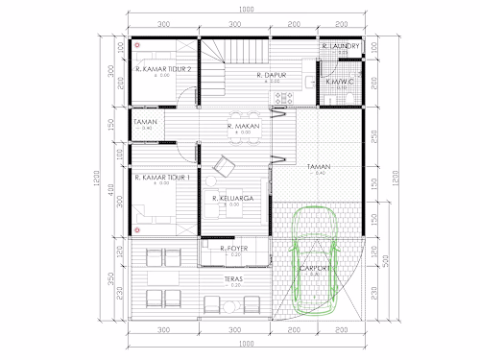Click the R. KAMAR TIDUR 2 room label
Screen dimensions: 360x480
(x=164, y=69)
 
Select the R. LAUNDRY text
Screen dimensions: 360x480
(x=341, y=45)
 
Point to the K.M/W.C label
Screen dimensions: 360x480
(x=341, y=82)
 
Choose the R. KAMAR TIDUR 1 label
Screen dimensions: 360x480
(x=163, y=177)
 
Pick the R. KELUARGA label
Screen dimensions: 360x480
(x=232, y=199)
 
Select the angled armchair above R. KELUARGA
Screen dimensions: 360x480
(x=223, y=165)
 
